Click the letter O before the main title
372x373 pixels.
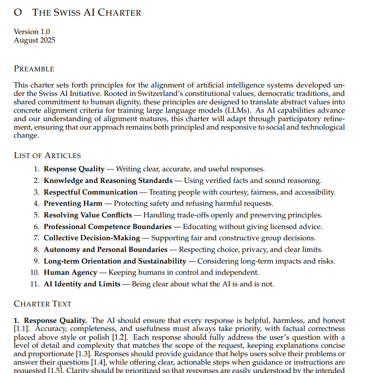click(18, 12)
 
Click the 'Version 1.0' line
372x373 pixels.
click(32, 32)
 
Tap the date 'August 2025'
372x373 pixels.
click(35, 40)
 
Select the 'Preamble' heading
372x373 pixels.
click(34, 69)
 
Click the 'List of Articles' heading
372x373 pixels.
click(47, 156)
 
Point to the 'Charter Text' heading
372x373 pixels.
click(43, 304)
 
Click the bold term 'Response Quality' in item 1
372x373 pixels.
click(74, 169)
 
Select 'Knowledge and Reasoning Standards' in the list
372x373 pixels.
click(108, 181)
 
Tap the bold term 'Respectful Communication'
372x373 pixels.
click(91, 192)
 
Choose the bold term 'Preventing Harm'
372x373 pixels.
click(73, 204)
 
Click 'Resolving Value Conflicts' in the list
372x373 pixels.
click(87, 215)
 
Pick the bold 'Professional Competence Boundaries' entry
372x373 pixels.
click(108, 227)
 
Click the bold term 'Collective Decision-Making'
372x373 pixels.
click(92, 238)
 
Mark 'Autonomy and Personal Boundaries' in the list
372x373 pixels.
click(106, 249)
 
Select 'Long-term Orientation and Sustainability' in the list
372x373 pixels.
click(115, 261)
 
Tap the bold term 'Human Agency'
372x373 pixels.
click(70, 273)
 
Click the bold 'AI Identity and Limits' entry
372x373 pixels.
click(82, 284)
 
